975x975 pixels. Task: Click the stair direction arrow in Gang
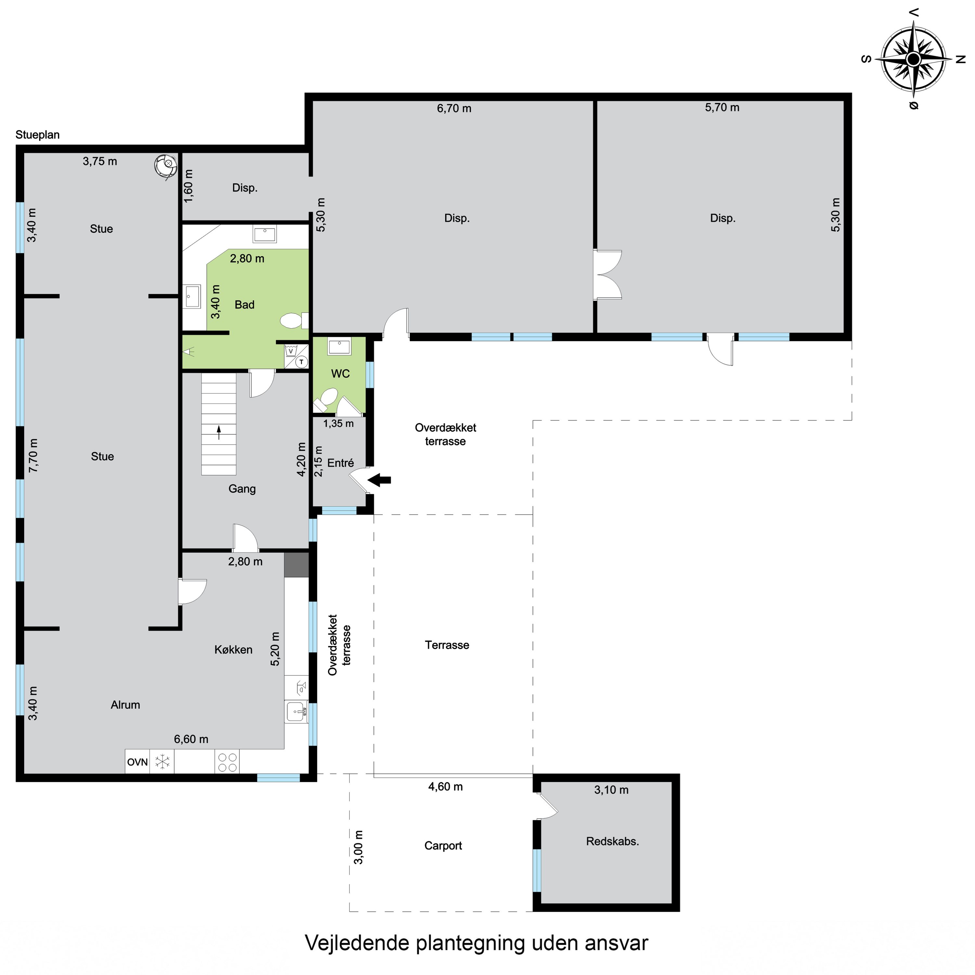[x=219, y=433]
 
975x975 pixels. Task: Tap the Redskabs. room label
[x=612, y=841]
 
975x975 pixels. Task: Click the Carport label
[x=443, y=845]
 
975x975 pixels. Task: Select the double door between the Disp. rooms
[x=608, y=275]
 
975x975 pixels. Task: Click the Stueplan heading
[x=38, y=135]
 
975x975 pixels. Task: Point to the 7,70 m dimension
[x=33, y=456]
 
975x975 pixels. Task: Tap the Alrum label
[x=125, y=705]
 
